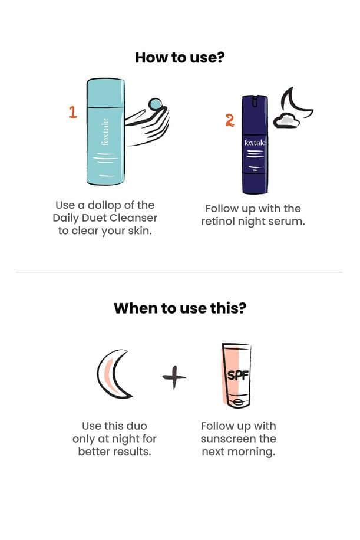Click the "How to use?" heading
point(180,58)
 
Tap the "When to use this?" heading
point(180,308)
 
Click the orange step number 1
point(72,112)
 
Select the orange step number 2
point(230,120)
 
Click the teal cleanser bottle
point(105,131)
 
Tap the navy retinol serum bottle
point(255,144)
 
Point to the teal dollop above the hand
point(155,104)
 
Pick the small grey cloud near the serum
point(286,120)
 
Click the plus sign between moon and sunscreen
point(174,377)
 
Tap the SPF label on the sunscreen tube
point(238,375)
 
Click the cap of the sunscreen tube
point(237,401)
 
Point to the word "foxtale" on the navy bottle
point(255,143)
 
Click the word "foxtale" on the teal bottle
point(105,132)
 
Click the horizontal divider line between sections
point(179,272)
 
